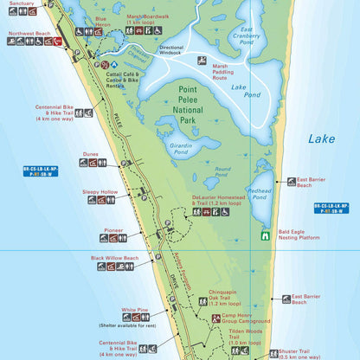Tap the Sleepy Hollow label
pos(100,191)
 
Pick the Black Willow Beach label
pos(117,258)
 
